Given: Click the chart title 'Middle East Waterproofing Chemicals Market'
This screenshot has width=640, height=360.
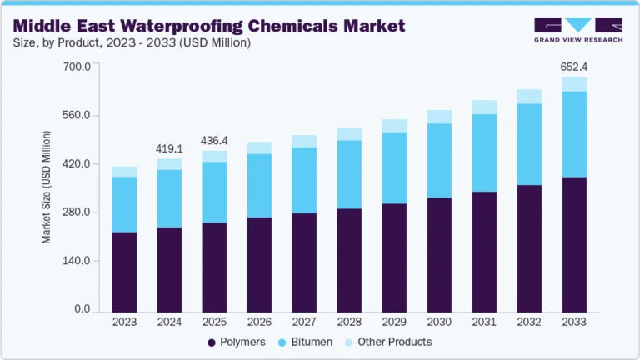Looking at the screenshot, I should (208, 26).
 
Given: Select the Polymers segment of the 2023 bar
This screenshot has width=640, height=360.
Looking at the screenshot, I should (124, 272).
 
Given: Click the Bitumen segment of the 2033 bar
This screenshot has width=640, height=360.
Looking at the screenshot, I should (574, 134).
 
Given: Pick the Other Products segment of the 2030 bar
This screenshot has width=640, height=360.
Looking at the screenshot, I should (439, 117).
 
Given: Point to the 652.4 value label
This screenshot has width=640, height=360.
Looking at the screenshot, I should (574, 66).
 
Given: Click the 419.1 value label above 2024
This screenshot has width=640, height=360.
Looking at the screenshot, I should (169, 148).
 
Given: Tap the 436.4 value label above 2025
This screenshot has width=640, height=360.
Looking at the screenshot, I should (214, 140).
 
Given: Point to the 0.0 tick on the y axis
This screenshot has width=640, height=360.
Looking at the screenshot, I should (82, 309).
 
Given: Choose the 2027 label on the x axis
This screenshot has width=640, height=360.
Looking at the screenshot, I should (304, 322).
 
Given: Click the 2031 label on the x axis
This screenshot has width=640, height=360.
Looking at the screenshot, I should (484, 322).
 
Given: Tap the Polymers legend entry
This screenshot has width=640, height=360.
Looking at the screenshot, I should (237, 342).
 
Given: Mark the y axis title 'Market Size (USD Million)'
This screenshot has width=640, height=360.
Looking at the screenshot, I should (47, 187).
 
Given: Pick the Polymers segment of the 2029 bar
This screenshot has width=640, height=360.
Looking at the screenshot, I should (394, 257).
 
